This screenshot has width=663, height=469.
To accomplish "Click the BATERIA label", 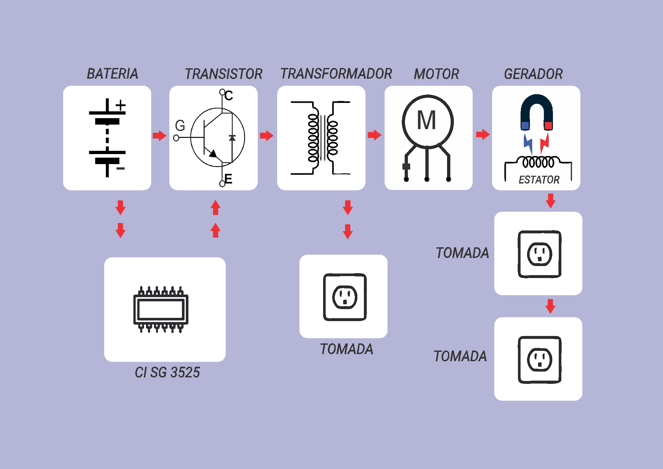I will coord(112,74).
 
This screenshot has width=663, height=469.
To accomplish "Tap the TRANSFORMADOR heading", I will coord(336,74).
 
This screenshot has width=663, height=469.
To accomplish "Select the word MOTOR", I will coord(436,74).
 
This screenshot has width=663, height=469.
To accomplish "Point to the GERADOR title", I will coord(533,74).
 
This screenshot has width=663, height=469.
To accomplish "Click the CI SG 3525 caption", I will coord(167,373).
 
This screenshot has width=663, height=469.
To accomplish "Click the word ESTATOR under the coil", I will coord(539,180).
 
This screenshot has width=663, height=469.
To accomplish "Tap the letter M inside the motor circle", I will coord(427,120).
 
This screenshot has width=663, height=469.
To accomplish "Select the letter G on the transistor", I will coord(180,126).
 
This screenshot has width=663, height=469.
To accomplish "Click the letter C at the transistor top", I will coord(229,96).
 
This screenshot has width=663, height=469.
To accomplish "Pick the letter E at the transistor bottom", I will coord(229,179).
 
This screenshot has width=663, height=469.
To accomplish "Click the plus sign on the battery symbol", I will coord(120,106).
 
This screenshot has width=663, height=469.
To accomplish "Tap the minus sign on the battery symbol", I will coord(120,169).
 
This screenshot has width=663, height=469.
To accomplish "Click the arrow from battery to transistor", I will coord(159,135).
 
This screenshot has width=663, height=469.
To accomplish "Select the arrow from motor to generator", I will coord(483,134).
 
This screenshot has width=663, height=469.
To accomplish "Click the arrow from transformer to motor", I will coord(375,135).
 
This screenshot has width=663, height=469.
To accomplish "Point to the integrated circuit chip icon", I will coord(161,309).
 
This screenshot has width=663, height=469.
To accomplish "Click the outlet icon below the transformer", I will coord(345,297).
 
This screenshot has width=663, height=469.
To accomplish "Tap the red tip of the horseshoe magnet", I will coord(548,125).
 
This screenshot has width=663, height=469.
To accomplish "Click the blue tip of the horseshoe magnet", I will coord(525,125).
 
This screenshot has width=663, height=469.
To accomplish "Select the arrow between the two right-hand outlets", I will coord(550,306).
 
